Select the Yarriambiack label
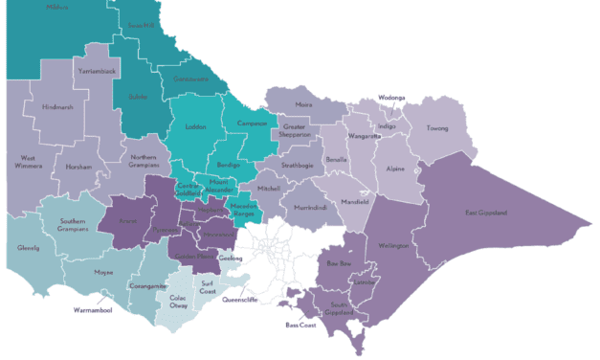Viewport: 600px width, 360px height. pos(73,71)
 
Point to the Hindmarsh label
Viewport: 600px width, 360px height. pos(56,107)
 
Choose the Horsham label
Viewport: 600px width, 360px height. pos(78,167)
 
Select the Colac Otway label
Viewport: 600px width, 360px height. pos(179,302)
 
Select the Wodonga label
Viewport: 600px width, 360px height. pos(391,98)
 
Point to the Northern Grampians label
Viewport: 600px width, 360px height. pos(144,161)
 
